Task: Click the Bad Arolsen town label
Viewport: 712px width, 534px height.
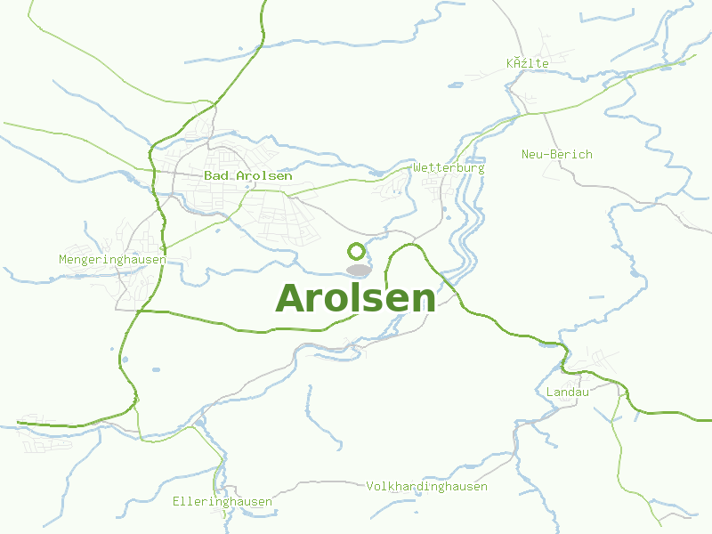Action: click(247, 176)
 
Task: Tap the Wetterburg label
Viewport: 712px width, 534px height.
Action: click(449, 167)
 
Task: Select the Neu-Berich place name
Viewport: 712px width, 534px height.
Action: click(556, 154)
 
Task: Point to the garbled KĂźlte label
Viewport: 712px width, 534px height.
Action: click(528, 63)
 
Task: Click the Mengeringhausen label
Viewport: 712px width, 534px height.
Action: click(112, 260)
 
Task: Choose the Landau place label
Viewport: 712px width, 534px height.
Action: click(568, 392)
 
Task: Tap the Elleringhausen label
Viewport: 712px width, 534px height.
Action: click(222, 502)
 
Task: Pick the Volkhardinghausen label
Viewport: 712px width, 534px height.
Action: click(427, 487)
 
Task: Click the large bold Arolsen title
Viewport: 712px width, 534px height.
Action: click(356, 298)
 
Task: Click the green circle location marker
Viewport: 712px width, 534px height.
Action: click(356, 251)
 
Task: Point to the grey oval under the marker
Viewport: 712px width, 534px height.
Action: click(358, 270)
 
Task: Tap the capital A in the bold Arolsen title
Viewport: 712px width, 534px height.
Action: click(291, 298)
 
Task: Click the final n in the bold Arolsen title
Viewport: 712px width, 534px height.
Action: click(425, 301)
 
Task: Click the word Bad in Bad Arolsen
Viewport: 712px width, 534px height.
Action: click(214, 176)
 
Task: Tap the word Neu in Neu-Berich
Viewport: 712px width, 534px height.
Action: click(531, 154)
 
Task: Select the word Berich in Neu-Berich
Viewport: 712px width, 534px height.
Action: click(570, 154)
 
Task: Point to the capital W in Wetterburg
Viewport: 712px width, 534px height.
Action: click(417, 167)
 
